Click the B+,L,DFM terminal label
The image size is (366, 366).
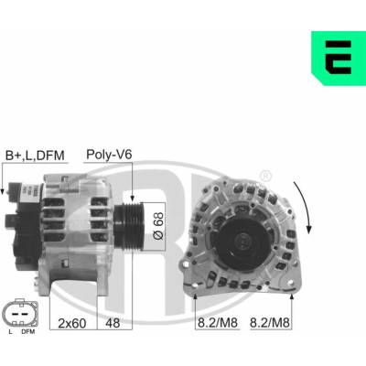35,156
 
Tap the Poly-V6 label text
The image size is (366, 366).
109,155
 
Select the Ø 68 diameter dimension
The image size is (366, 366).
158,226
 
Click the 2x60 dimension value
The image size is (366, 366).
72,323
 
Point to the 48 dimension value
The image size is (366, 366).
113,323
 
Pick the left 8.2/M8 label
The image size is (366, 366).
218,323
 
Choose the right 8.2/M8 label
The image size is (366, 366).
270,323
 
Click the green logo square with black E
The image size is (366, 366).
339,58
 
